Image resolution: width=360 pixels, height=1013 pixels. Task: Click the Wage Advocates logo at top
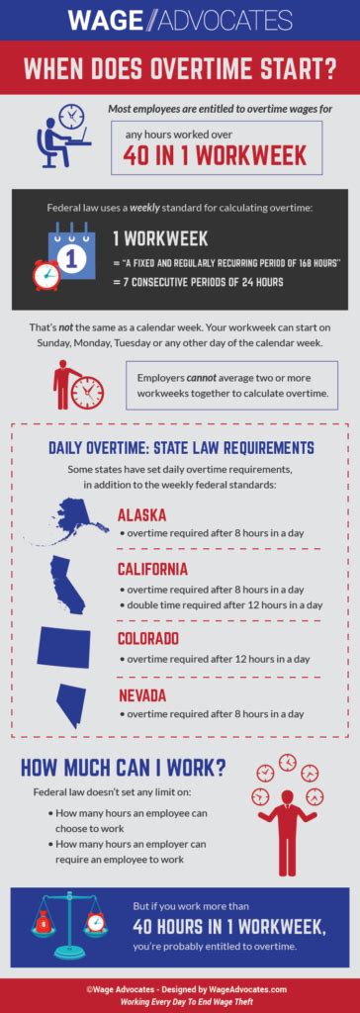point(180,19)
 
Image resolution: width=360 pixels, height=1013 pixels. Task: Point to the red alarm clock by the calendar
point(45,274)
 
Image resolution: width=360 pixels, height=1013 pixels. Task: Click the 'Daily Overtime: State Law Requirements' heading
point(181,448)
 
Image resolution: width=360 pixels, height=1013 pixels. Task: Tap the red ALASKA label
point(141,514)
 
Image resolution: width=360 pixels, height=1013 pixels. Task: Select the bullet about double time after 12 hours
point(220,604)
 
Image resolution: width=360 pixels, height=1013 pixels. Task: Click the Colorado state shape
point(64,645)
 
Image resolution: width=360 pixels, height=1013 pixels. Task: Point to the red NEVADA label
point(142,695)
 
